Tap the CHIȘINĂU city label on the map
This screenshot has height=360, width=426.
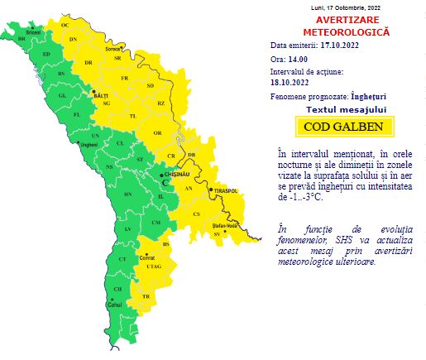pos(179,176)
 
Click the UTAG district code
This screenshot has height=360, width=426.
pos(152,266)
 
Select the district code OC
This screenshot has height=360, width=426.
pos(65,26)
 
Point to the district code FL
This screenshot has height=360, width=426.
pos(77,114)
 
